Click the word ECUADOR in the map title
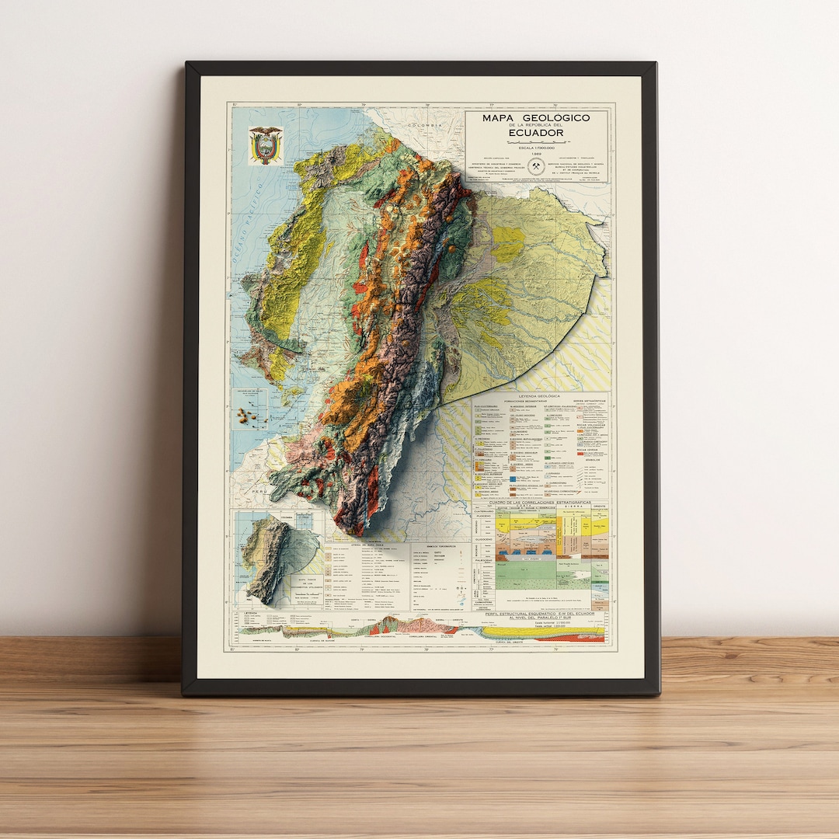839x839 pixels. pyautogui.click(x=536, y=133)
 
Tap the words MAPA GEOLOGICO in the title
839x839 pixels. pyautogui.click(x=535, y=118)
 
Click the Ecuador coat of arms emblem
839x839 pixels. pyautogui.click(x=265, y=144)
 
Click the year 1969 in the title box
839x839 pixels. pyautogui.click(x=536, y=154)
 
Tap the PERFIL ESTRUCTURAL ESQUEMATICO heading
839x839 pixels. pyautogui.click(x=555, y=614)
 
